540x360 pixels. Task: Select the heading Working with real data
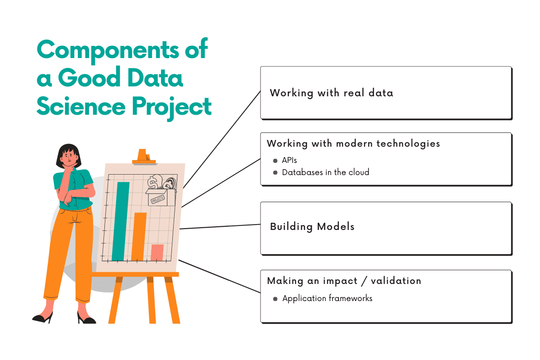pyautogui.click(x=331, y=93)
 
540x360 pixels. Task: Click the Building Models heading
pyautogui.click(x=312, y=226)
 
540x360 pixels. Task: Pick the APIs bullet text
pyautogui.click(x=289, y=160)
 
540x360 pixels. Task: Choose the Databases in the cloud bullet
pyautogui.click(x=325, y=172)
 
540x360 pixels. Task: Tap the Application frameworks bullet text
pyautogui.click(x=327, y=298)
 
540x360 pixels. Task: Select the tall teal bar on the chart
pyautogui.click(x=120, y=220)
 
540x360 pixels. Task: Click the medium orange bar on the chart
pyautogui.click(x=139, y=236)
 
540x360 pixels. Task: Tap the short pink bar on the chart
pyautogui.click(x=157, y=252)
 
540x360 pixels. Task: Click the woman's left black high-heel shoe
pyautogui.click(x=42, y=318)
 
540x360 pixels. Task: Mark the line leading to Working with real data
pyautogui.click(x=223, y=139)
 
